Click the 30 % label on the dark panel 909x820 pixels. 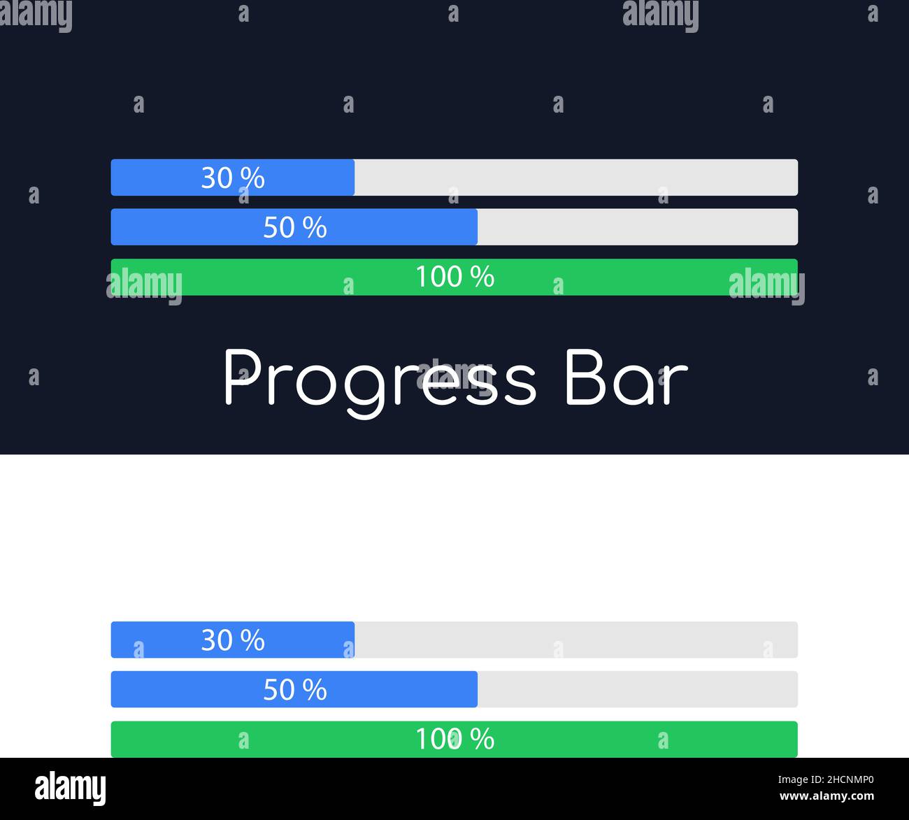233,178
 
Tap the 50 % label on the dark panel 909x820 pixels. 295,227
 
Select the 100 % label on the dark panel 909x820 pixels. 455,276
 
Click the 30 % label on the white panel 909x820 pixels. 233,640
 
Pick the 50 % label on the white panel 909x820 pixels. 295,689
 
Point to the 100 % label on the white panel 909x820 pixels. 455,739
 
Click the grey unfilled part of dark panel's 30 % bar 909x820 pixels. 576,178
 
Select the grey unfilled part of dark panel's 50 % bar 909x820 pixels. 638,227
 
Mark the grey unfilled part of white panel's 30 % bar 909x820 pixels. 576,640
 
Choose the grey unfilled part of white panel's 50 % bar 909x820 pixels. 638,689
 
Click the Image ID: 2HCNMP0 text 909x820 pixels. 826,779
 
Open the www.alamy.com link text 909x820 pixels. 826,796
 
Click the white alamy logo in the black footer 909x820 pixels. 70,789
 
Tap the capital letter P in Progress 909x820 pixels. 243,377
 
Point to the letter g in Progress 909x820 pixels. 365,389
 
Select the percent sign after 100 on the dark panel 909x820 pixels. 482,276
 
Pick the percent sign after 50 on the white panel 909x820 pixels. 315,689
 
